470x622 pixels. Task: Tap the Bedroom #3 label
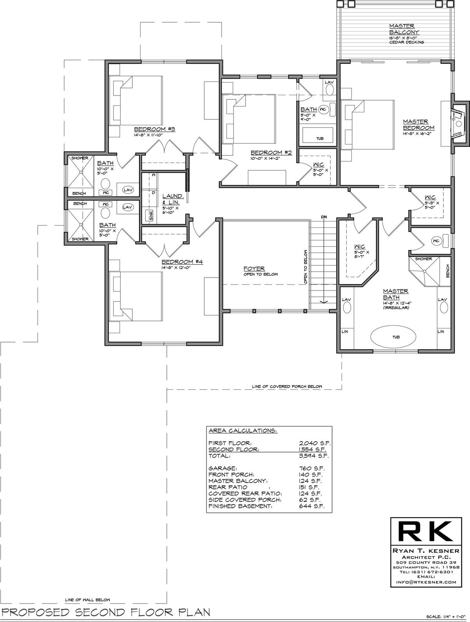[154, 129]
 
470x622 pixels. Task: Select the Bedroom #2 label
[271, 153]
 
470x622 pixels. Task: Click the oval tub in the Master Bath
[393, 337]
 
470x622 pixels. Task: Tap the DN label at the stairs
[324, 217]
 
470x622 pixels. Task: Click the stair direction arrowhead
[324, 302]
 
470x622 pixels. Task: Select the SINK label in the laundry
[151, 216]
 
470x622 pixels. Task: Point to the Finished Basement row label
[240, 506]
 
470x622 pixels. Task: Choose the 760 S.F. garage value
[312, 469]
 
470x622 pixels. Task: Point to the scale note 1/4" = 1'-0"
[446, 615]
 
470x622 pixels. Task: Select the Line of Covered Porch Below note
[287, 386]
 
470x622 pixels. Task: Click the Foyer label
[254, 269]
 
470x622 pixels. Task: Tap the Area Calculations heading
[243, 431]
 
